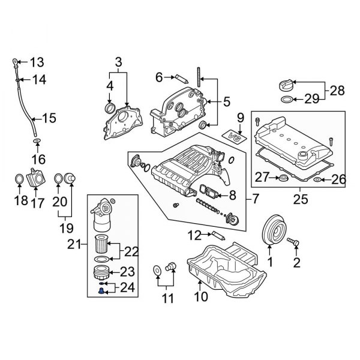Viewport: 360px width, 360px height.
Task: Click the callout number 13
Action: (37, 62)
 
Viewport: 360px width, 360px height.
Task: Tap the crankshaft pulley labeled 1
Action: (273, 231)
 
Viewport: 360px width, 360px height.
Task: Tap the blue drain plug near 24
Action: (101, 290)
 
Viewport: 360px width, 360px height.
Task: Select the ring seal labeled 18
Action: (19, 179)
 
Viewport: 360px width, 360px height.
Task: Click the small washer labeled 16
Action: (37, 142)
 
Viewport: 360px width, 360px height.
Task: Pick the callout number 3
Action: (118, 62)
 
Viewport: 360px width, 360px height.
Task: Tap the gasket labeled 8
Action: (208, 193)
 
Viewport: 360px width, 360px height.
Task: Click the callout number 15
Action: (49, 119)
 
